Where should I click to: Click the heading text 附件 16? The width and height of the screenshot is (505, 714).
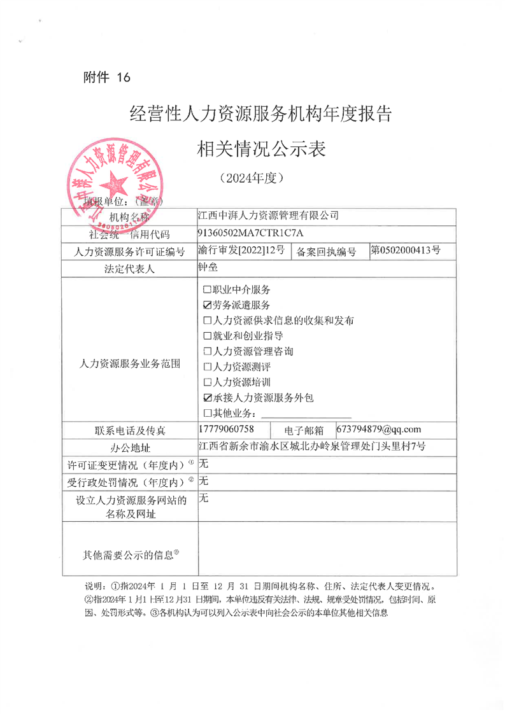point(106,78)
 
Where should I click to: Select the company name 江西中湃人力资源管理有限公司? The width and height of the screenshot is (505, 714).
point(269,215)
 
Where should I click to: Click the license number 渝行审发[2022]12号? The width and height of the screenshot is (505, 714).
point(241,250)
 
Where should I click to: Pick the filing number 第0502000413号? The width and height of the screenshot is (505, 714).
point(406,250)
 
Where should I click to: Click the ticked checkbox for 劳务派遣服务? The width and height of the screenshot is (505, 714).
point(206,305)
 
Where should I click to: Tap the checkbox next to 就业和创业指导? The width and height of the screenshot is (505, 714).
point(206,336)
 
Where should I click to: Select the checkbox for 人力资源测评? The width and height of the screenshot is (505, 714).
point(206,367)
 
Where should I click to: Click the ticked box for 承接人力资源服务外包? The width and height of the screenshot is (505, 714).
point(206,398)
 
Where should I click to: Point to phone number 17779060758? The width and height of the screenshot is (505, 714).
point(227,430)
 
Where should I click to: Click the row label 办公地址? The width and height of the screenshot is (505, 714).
point(130,447)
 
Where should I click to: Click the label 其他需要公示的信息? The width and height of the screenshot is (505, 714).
point(131,555)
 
